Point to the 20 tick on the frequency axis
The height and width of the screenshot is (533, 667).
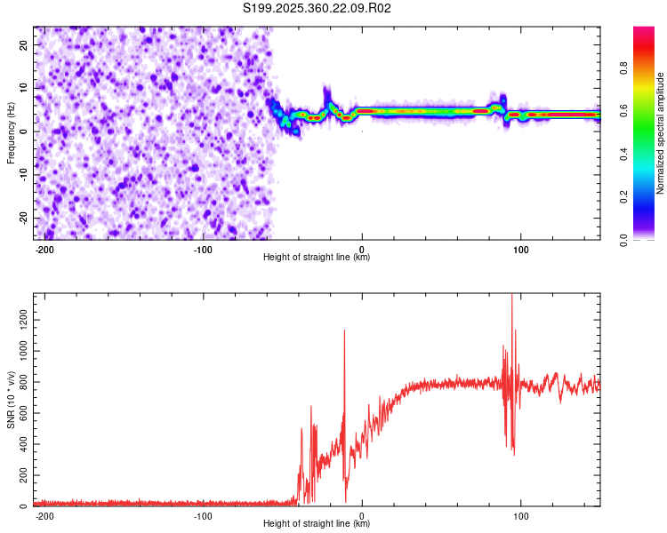[x=23, y=44]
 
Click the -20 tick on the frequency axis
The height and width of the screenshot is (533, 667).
[x=21, y=219]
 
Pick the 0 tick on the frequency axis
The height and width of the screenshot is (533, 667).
[x=27, y=131]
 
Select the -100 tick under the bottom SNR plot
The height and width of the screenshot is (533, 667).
[x=203, y=515]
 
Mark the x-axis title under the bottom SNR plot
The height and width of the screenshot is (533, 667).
[x=317, y=524]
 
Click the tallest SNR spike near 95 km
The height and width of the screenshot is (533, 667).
[x=512, y=297]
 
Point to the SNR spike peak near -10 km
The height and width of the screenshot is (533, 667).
[x=344, y=331]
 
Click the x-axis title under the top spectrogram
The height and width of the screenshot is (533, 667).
[x=317, y=258]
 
